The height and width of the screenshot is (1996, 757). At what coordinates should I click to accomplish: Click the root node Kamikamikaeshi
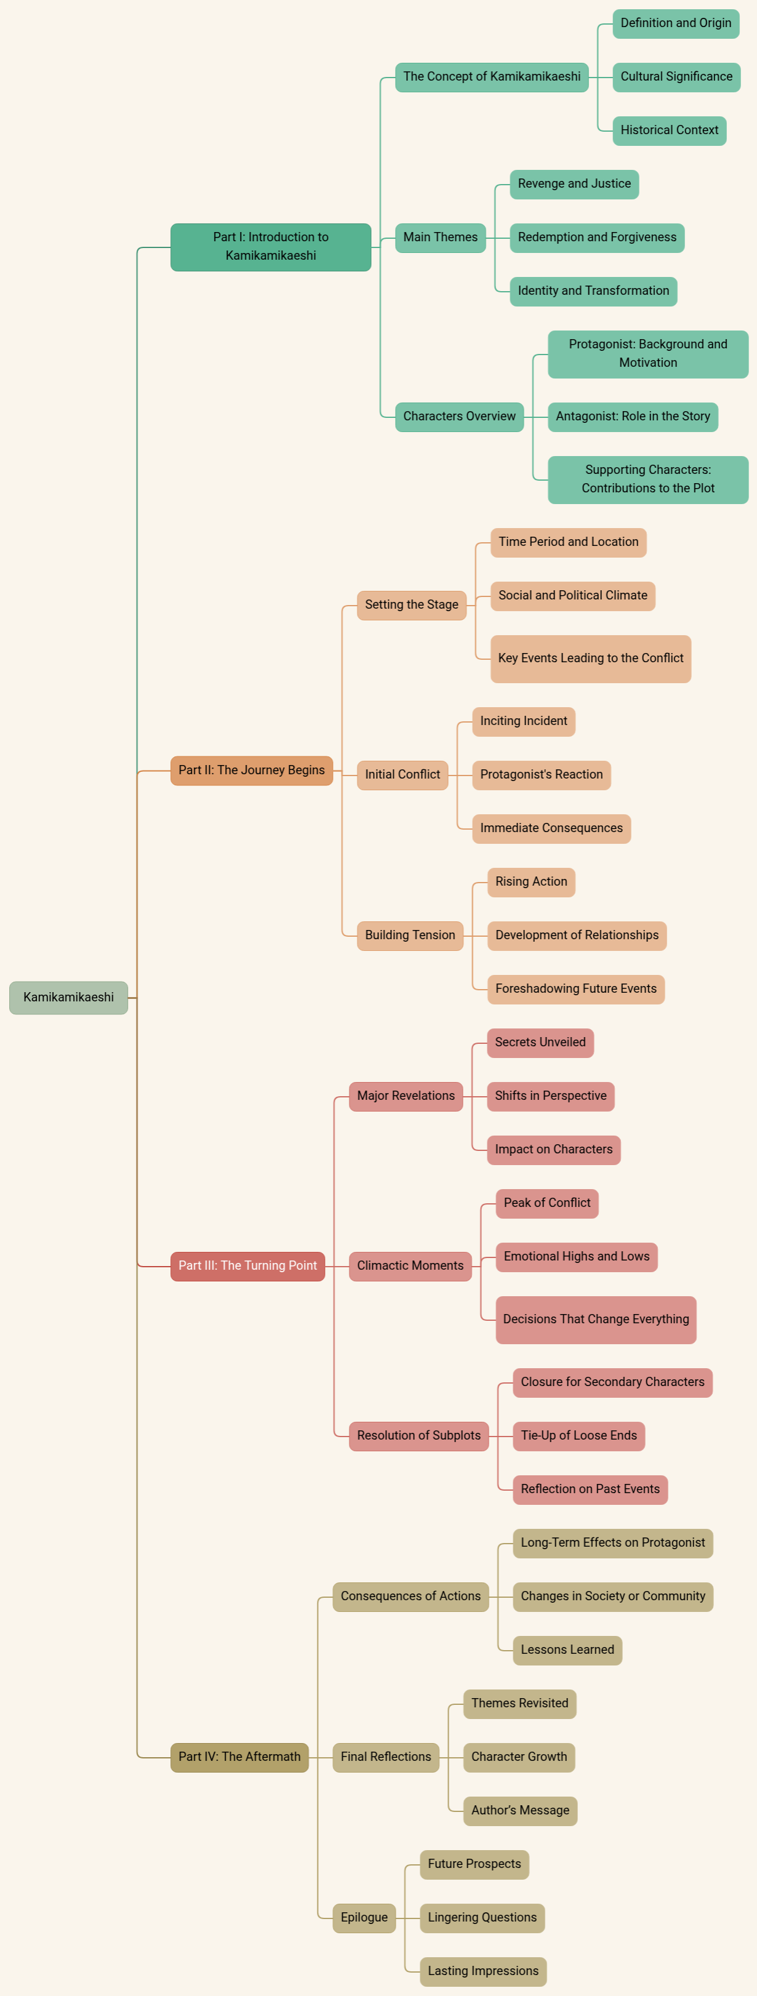tap(68, 997)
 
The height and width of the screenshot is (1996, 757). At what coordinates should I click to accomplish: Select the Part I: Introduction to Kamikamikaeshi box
tap(270, 246)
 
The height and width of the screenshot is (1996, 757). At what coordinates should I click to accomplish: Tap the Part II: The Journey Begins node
tap(251, 770)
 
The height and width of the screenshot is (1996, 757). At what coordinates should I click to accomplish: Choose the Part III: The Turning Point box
tap(247, 1265)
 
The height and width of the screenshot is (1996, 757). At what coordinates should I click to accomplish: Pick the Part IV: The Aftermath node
tap(239, 1757)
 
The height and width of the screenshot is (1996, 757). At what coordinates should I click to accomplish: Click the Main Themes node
tap(440, 237)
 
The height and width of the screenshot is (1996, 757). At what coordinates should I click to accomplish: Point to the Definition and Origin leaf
tap(676, 23)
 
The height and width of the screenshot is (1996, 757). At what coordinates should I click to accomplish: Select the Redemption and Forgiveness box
tap(596, 237)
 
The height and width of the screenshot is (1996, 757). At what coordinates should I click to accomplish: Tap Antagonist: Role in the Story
tap(632, 416)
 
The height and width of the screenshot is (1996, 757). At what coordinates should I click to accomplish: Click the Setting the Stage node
tap(412, 604)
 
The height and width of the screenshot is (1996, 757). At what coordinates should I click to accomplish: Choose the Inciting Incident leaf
tap(523, 721)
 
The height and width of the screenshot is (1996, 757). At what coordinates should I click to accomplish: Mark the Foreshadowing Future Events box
tap(575, 988)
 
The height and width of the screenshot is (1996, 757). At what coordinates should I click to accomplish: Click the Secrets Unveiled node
tap(540, 1042)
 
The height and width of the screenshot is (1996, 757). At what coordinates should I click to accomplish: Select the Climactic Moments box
tap(410, 1265)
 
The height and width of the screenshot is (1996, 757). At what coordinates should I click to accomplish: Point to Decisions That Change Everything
tap(595, 1319)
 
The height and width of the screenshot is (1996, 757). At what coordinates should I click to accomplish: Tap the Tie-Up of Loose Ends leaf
tap(578, 1435)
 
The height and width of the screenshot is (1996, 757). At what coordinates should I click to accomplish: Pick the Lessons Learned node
tap(567, 1649)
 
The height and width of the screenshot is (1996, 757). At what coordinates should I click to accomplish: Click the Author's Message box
tap(520, 1810)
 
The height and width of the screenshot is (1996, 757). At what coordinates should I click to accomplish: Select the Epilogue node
tap(364, 1917)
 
